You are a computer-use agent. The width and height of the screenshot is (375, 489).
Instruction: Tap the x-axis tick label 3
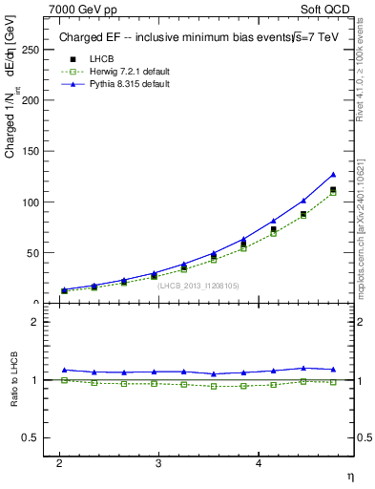click(x=158, y=462)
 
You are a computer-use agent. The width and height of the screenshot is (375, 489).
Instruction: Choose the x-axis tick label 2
click(x=59, y=462)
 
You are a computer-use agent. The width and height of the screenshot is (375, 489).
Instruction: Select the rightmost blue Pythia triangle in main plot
click(x=333, y=175)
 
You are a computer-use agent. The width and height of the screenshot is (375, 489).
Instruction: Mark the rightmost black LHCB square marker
click(x=333, y=190)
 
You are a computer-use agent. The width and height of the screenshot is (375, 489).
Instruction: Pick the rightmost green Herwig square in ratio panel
click(x=333, y=382)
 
